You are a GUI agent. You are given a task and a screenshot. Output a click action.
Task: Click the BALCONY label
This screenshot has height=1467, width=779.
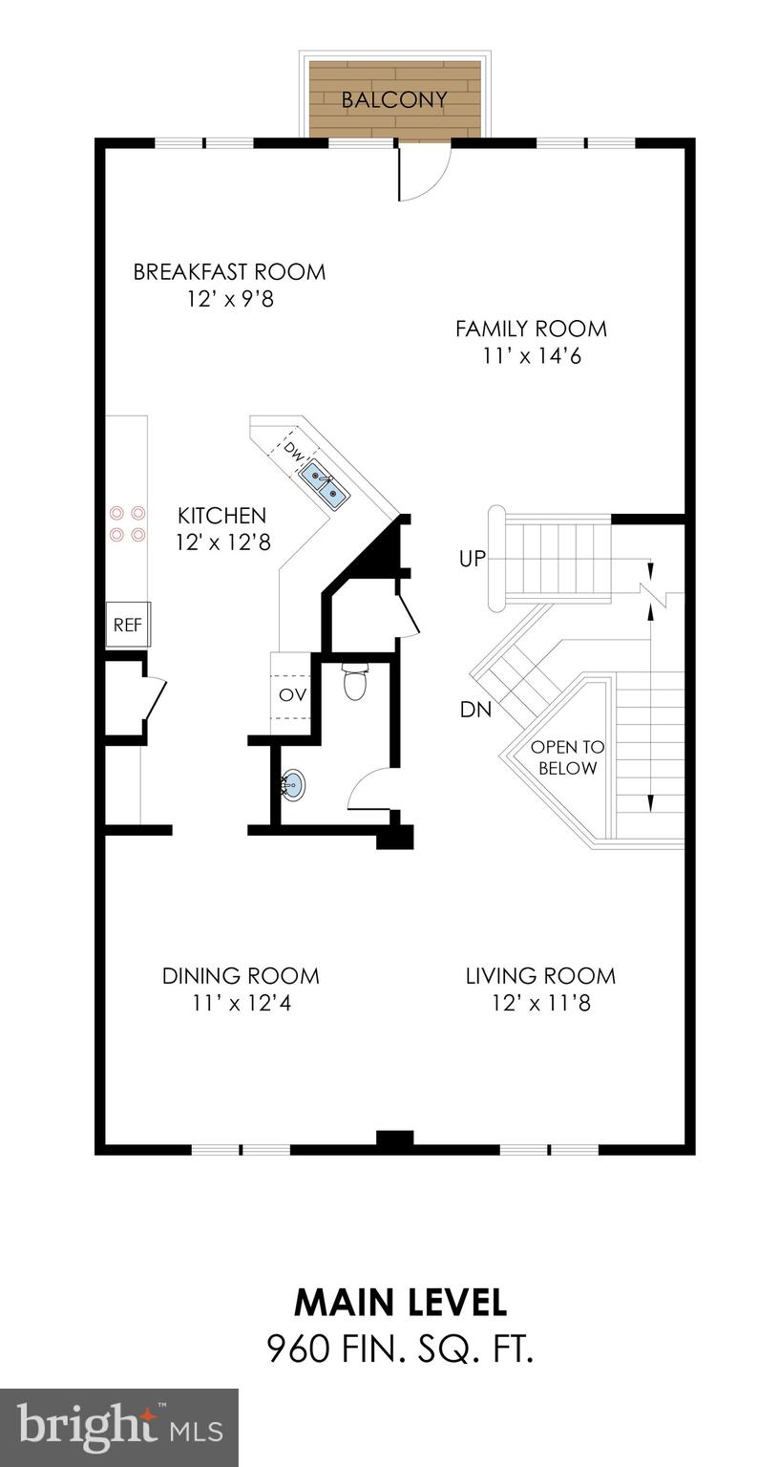(394, 99)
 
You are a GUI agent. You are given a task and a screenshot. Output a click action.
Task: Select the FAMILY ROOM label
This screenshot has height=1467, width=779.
(531, 329)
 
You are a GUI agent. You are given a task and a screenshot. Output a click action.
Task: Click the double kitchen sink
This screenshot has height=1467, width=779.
(325, 480)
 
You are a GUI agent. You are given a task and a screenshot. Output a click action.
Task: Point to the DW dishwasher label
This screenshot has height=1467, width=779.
(294, 448)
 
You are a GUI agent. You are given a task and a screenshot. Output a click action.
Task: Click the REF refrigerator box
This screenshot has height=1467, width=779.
(127, 625)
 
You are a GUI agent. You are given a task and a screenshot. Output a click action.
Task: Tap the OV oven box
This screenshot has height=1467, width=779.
(292, 694)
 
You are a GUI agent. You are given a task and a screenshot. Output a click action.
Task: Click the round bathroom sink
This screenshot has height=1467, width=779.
(295, 785)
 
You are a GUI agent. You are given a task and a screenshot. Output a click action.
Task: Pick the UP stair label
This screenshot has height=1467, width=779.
(473, 560)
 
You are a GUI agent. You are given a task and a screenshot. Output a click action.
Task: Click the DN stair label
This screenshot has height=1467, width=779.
(474, 710)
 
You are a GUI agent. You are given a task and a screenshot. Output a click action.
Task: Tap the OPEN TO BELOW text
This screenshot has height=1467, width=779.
(567, 757)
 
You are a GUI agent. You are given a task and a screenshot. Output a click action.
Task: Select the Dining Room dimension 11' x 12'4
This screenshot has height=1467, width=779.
(240, 1004)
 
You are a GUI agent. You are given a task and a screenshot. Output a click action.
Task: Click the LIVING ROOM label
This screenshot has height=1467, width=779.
(540, 976)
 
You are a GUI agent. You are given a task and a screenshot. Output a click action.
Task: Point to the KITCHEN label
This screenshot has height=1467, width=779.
(221, 516)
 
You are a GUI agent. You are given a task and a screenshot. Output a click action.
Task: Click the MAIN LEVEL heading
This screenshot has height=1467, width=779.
(400, 1302)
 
